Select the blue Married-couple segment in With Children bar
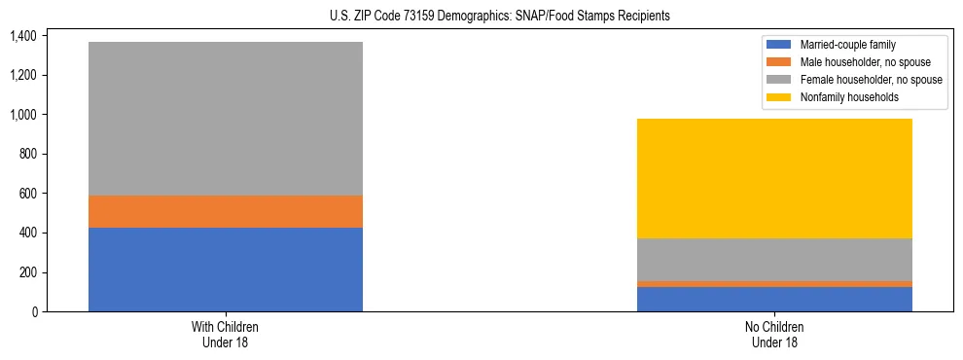point(226,270)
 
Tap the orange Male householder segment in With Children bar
point(226,212)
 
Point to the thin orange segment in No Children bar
point(774,284)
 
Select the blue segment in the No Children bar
point(774,300)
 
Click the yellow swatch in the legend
point(780,97)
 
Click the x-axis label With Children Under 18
point(226,334)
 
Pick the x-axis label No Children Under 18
point(774,334)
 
